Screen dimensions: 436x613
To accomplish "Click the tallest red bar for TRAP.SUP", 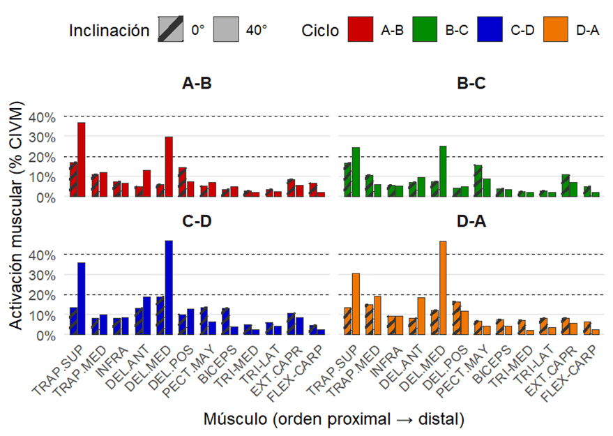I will [82, 160].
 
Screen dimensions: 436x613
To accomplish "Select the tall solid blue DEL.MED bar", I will [169, 287].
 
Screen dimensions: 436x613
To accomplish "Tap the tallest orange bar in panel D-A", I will [442, 288].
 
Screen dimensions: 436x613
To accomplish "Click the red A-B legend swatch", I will [361, 31].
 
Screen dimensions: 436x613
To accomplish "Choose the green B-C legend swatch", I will [425, 31].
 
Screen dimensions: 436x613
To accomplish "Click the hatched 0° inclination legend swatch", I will [171, 31].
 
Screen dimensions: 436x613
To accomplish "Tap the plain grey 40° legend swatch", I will [225, 31].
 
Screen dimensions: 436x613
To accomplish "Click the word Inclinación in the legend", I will [109, 31].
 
